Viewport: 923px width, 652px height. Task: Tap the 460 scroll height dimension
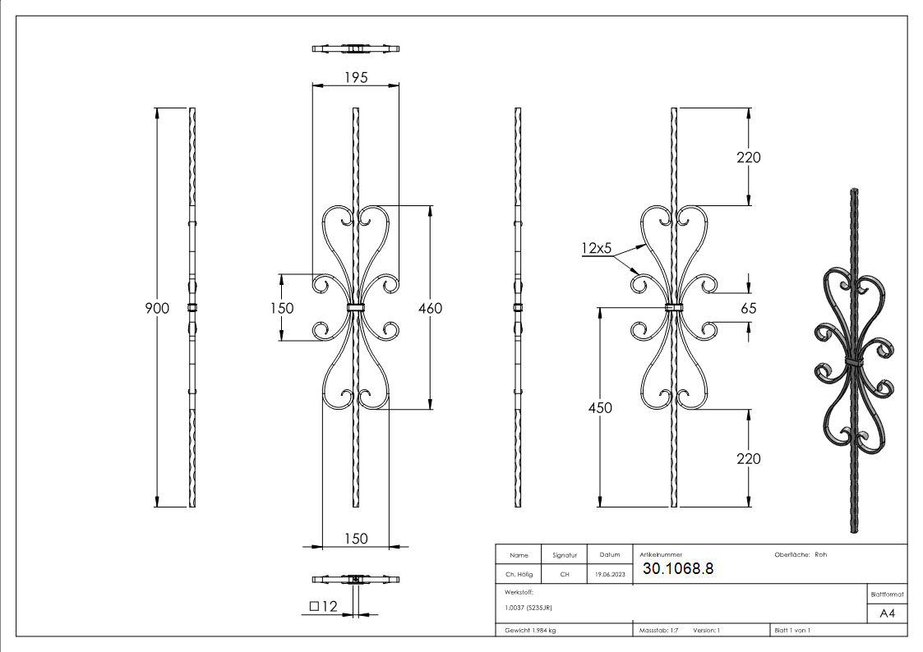click(429, 308)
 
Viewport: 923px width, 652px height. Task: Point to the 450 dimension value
click(600, 408)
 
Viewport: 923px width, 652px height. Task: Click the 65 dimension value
click(748, 308)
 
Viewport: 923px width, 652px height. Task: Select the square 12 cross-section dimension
click(324, 607)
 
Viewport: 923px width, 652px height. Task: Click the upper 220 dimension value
click(748, 158)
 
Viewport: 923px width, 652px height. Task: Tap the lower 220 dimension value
click(748, 458)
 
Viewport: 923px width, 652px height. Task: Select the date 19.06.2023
click(610, 575)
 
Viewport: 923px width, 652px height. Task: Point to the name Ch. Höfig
click(519, 575)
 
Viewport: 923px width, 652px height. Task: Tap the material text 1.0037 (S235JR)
click(528, 608)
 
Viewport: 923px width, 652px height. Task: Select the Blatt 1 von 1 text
click(792, 631)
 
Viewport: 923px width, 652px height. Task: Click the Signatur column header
click(564, 555)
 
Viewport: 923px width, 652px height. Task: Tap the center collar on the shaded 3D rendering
click(856, 361)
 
